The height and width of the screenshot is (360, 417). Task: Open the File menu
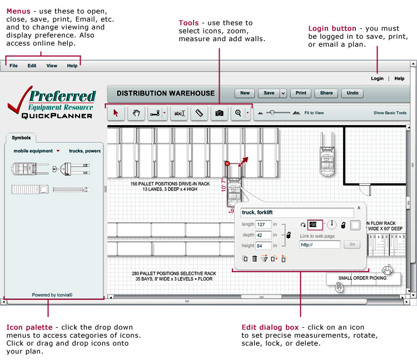pyautogui.click(x=13, y=66)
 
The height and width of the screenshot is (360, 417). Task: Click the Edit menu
pyautogui.click(x=32, y=66)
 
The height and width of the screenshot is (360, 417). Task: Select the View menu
pyautogui.click(x=52, y=66)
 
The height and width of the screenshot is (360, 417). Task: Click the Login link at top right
pyautogui.click(x=377, y=78)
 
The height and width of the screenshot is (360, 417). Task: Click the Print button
pyautogui.click(x=300, y=93)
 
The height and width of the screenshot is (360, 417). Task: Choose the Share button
pyautogui.click(x=326, y=93)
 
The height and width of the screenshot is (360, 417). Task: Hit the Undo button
pyautogui.click(x=352, y=93)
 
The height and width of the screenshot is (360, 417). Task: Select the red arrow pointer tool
pyautogui.click(x=116, y=113)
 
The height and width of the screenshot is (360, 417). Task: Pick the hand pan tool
pyautogui.click(x=136, y=113)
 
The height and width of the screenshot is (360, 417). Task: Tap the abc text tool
pyautogui.click(x=178, y=113)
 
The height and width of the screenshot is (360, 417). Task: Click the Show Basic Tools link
pyautogui.click(x=390, y=113)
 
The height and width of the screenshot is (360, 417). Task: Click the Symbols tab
pyautogui.click(x=21, y=138)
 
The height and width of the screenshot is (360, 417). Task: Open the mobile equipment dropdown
pyautogui.click(x=37, y=151)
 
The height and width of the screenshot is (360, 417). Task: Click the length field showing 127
pyautogui.click(x=263, y=224)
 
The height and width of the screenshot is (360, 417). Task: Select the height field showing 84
pyautogui.click(x=263, y=246)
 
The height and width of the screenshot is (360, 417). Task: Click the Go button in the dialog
pyautogui.click(x=351, y=244)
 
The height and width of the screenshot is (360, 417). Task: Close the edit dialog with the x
pyautogui.click(x=359, y=207)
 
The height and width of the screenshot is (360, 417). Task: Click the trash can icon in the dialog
pyautogui.click(x=254, y=258)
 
